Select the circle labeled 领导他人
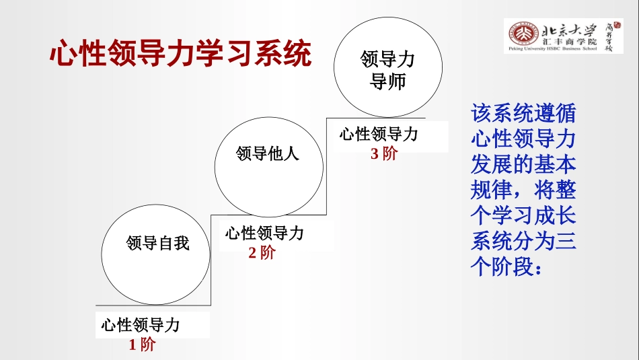(x=268, y=165)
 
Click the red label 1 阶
(x=142, y=345)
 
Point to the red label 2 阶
(x=262, y=254)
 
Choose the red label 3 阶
(x=384, y=153)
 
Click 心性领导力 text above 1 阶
(x=141, y=326)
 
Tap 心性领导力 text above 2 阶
(x=264, y=233)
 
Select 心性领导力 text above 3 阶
(x=379, y=134)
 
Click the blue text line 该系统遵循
(x=523, y=112)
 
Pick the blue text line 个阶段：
(x=508, y=267)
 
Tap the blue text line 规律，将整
(x=523, y=190)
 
